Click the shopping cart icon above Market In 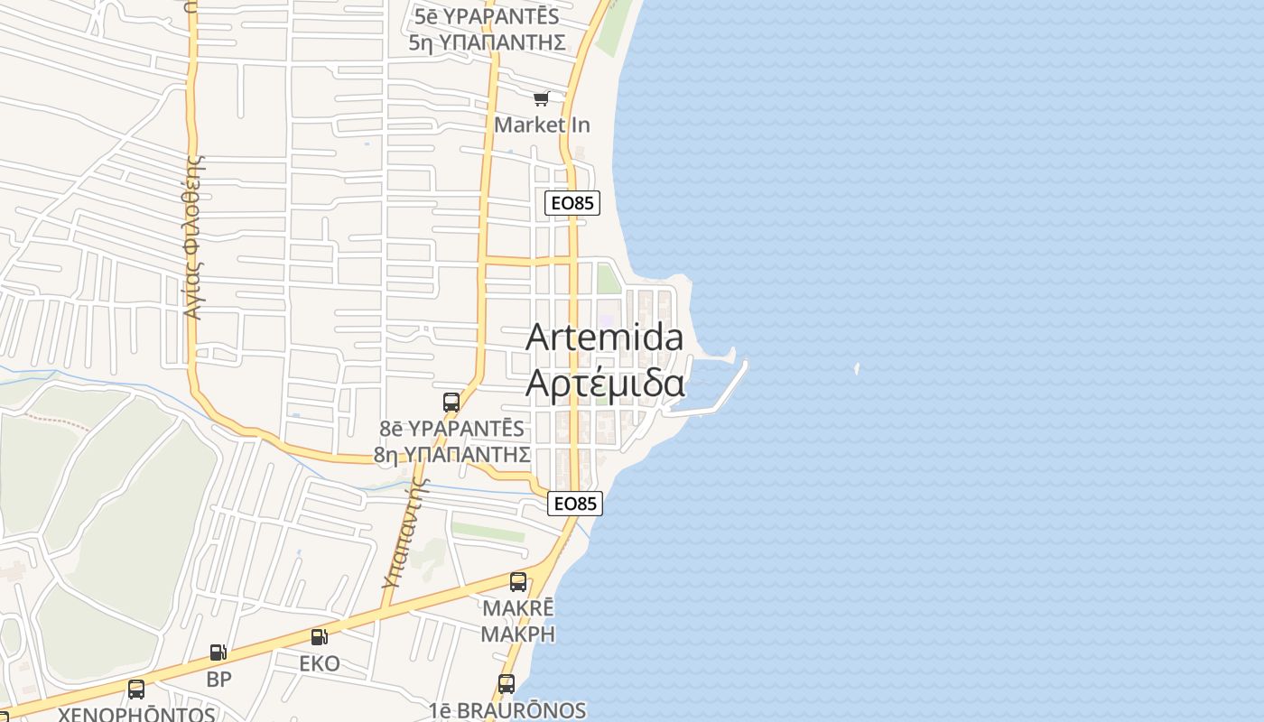tap(541, 99)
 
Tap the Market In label tap(542, 125)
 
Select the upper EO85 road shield tap(572, 203)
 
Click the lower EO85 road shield tap(575, 504)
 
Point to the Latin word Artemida tap(604, 338)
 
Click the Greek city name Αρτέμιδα tap(604, 383)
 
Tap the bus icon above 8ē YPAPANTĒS tap(451, 403)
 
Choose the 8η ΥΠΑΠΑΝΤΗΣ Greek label tap(451, 453)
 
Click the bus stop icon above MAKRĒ tap(518, 582)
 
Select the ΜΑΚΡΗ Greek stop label tap(517, 634)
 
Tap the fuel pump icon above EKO tap(319, 637)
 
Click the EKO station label tap(320, 663)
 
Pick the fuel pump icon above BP tap(218, 653)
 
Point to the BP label tap(219, 679)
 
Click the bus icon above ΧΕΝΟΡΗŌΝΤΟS tap(136, 690)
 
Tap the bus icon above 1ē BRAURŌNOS tap(507, 684)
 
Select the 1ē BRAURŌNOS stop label tap(507, 710)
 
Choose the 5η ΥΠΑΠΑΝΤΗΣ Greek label tap(487, 42)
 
